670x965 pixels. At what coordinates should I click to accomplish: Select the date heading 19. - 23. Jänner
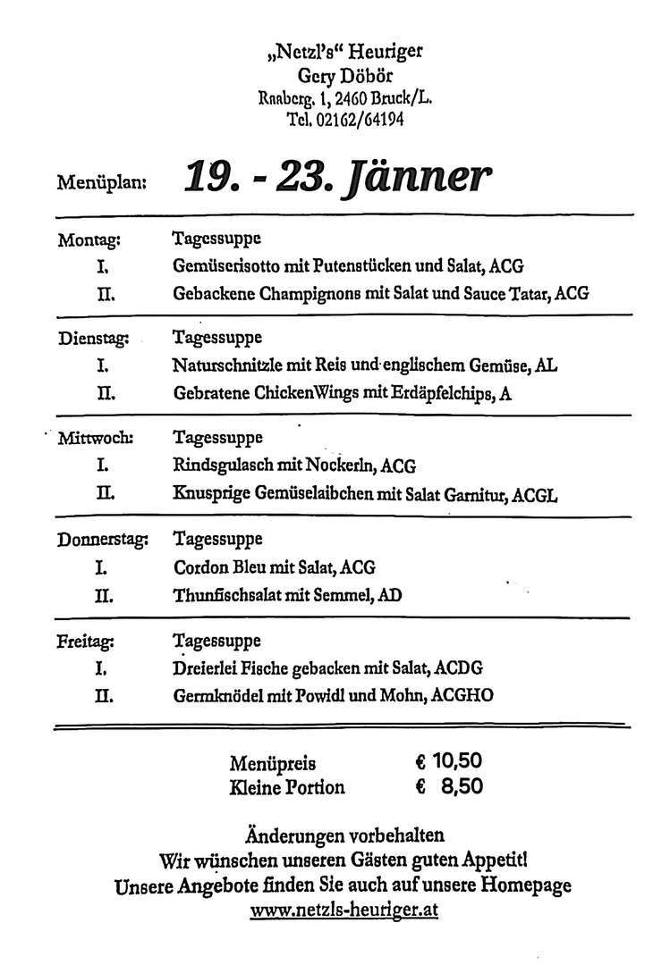click(x=337, y=177)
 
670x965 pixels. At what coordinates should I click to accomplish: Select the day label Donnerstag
click(x=102, y=540)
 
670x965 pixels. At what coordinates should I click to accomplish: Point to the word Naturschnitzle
click(x=227, y=365)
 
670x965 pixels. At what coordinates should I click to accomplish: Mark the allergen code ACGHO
click(x=462, y=694)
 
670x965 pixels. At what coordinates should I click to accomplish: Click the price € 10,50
click(x=449, y=762)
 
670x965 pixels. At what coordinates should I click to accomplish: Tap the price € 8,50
click(x=449, y=787)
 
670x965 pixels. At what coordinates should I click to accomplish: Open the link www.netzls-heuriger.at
click(x=344, y=913)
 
